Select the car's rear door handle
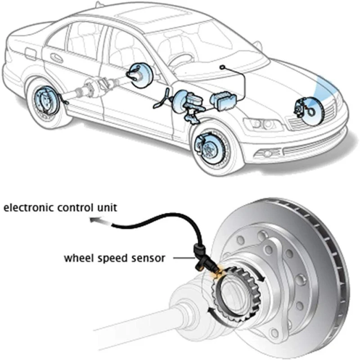[56, 58]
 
